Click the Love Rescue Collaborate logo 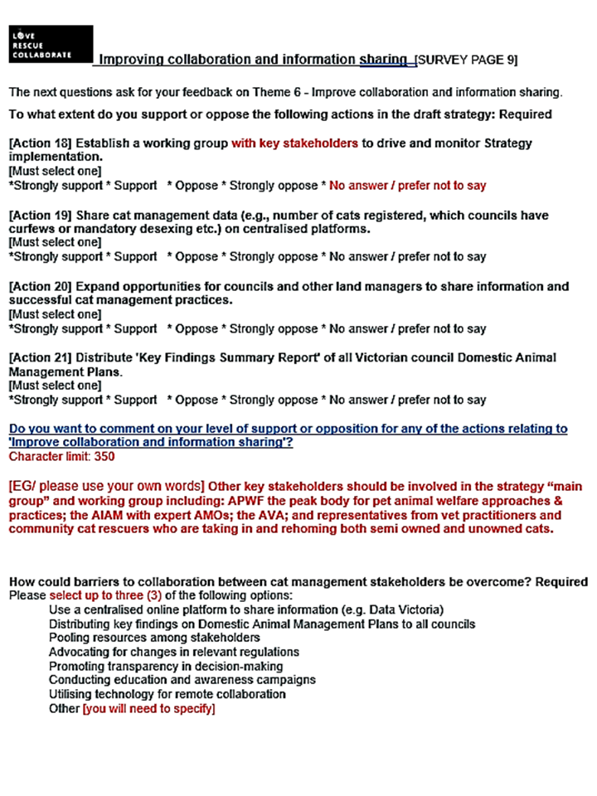[x=50, y=45]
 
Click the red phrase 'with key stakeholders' [x=294, y=143]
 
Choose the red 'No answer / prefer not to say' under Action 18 [x=408, y=186]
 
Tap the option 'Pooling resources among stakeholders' [x=154, y=638]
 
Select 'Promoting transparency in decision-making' [x=166, y=666]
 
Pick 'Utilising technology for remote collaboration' [x=167, y=694]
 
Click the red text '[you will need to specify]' [x=148, y=709]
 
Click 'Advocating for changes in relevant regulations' [x=174, y=652]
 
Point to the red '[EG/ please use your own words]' [x=106, y=485]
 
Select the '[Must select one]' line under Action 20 [x=55, y=314]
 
